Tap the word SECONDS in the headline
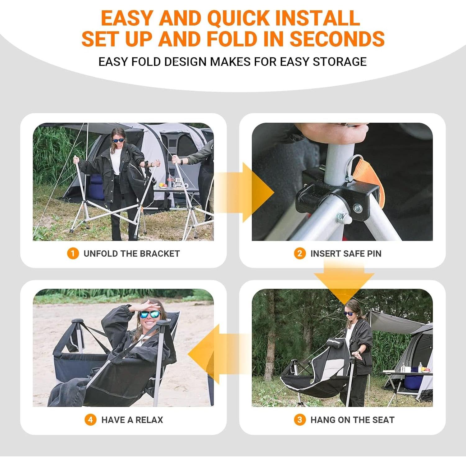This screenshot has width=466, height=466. [337, 39]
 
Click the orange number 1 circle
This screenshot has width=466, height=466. [73, 254]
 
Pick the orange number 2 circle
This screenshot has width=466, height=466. [299, 254]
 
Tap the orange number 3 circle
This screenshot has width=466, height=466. [299, 420]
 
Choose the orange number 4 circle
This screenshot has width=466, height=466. [90, 420]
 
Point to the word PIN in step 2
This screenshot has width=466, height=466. [374, 254]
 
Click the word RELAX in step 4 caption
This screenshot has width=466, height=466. [149, 420]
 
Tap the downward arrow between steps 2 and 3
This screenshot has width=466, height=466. [344, 281]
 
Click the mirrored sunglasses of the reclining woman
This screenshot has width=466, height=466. [150, 314]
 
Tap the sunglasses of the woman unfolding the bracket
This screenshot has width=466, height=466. [118, 140]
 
